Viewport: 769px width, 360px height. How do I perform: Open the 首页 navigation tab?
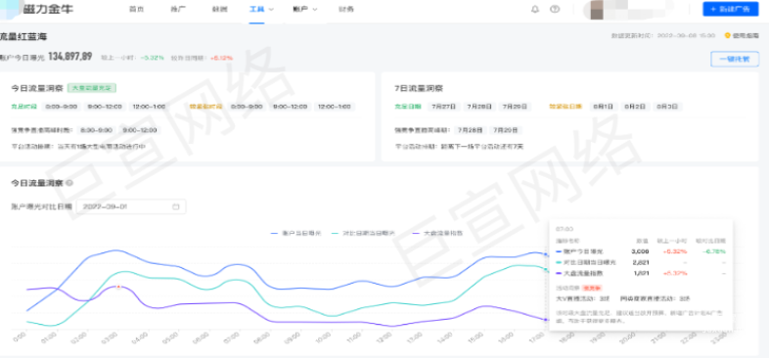(137, 9)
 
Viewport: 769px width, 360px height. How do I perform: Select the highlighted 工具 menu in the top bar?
(257, 9)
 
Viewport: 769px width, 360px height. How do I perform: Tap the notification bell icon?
(535, 9)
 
